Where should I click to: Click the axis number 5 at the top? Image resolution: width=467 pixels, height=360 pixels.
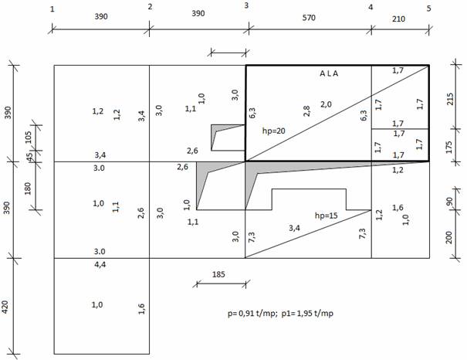pos(428,8)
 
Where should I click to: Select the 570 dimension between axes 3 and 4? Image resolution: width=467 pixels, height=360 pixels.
pos(309,18)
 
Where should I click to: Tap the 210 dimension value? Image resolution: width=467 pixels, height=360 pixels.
pos(398,19)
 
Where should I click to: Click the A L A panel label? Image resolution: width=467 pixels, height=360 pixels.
pos(329,73)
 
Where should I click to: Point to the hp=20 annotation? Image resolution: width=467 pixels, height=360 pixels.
pos(274,131)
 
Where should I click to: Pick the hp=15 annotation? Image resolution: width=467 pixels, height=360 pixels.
pos(326,216)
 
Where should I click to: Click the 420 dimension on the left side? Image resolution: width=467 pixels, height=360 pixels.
pos(5,307)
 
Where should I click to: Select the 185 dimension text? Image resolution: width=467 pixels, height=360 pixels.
pos(218,274)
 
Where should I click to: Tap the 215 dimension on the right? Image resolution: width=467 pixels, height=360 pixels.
pos(450,99)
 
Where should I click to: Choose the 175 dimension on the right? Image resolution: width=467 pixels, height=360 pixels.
pos(448,148)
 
